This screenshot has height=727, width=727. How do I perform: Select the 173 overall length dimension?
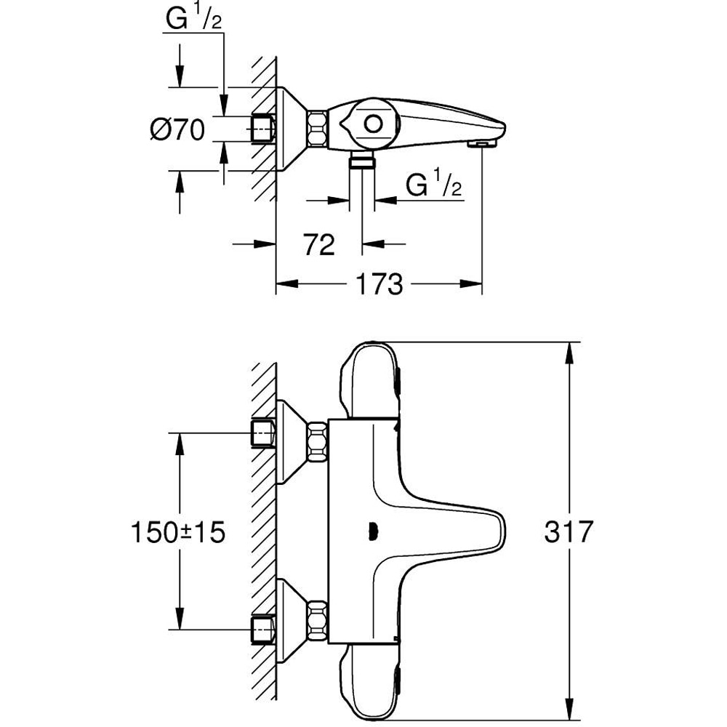pos(379,284)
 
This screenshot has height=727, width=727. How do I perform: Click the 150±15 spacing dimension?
pos(178,532)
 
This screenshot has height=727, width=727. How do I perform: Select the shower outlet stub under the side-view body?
pos(361,161)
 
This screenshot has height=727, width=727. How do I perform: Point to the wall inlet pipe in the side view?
pos(262,129)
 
